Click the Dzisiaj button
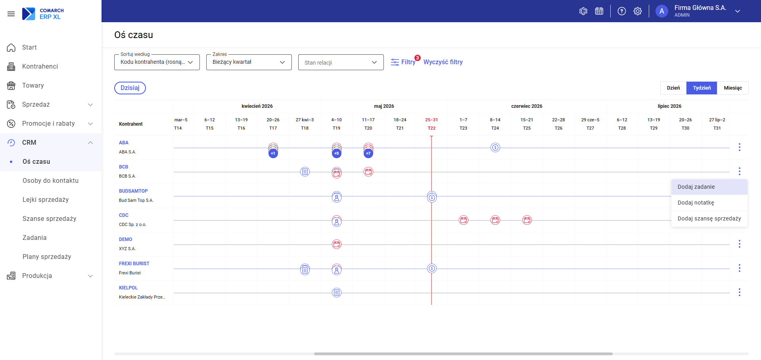[130, 88]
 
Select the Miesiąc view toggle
[732, 88]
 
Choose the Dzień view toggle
[673, 88]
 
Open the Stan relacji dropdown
[341, 62]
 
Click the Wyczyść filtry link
[443, 62]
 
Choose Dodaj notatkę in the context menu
[696, 203]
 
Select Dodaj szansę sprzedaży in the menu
[709, 218]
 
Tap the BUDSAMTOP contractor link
[133, 191]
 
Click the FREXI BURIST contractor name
[134, 264]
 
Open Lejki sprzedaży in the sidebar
[46, 200]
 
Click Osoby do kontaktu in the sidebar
[50, 181]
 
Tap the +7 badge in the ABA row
[368, 153]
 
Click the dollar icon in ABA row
[495, 147]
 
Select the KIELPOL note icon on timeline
[337, 293]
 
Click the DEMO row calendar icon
[337, 244]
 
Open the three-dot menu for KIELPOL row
[740, 292]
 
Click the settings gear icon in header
[638, 11]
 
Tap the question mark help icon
[622, 11]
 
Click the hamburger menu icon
[11, 14]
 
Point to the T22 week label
[431, 128]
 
